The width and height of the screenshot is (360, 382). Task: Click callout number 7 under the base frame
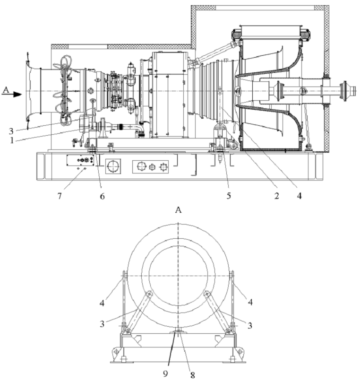tap(60, 196)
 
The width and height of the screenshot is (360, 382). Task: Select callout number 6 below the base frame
tap(102, 196)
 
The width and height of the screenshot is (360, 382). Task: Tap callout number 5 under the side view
tap(229, 196)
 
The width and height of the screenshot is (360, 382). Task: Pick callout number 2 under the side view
tap(276, 196)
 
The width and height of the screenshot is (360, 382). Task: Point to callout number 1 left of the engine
tap(11, 140)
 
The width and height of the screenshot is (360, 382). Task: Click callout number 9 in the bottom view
tap(165, 373)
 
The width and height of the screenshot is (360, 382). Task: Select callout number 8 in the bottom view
tap(193, 375)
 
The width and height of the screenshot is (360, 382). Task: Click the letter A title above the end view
tap(179, 210)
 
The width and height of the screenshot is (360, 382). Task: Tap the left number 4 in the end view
tap(102, 303)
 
